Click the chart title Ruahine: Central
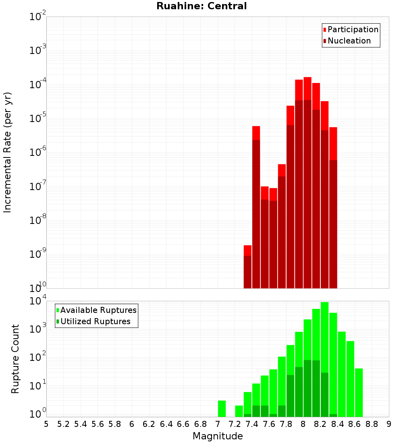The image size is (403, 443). [x=201, y=6]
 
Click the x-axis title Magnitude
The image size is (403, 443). [x=218, y=436]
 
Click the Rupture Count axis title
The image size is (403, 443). [x=15, y=359]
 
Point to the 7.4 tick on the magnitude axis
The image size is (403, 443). [x=252, y=424]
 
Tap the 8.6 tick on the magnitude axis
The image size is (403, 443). [x=355, y=424]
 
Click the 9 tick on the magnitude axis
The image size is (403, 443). [x=389, y=424]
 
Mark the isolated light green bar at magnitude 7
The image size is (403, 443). [x=222, y=409]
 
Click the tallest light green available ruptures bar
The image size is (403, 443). [x=324, y=358]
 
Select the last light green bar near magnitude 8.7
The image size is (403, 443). [x=359, y=393]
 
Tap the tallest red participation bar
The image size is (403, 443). [x=307, y=181]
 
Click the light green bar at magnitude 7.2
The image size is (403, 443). [x=239, y=411]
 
